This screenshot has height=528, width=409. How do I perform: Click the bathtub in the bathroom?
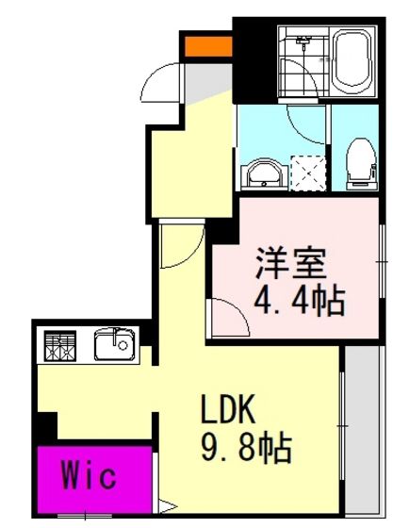(x=352, y=61)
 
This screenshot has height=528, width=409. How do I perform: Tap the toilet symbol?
(x=361, y=165)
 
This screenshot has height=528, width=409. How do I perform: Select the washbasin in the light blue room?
(x=264, y=173)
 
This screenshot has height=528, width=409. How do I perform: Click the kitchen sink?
(x=115, y=344)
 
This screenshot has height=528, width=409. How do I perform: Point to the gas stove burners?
(x=60, y=346)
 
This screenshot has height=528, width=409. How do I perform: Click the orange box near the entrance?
(x=208, y=46)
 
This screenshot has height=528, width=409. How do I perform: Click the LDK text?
(x=227, y=408)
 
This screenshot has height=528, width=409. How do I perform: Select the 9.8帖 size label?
(x=246, y=448)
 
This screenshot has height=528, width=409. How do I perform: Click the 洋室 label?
(x=291, y=263)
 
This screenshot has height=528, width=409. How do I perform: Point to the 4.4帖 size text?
(x=300, y=301)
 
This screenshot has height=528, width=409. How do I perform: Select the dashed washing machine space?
(x=308, y=173)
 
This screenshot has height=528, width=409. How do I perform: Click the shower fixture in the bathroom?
(x=303, y=41)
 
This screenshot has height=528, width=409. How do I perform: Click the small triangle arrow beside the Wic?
(x=168, y=506)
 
